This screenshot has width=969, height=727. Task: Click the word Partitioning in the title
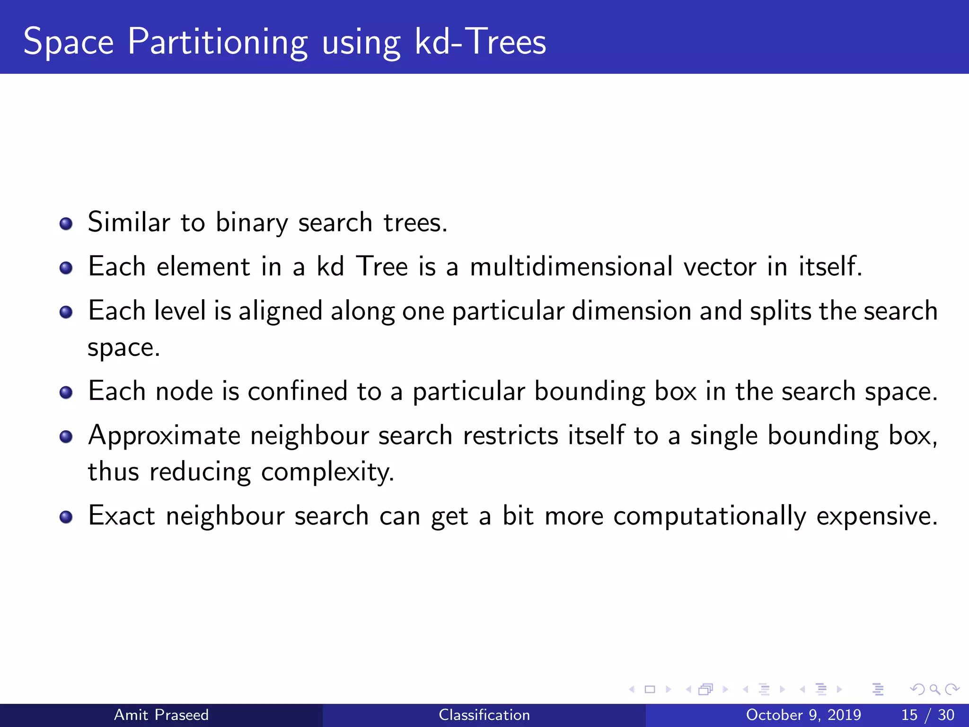pyautogui.click(x=218, y=43)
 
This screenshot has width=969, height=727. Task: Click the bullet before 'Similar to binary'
pyautogui.click(x=66, y=223)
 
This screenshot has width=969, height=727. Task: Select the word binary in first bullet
pyautogui.click(x=252, y=222)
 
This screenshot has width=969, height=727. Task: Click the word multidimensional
pyautogui.click(x=571, y=266)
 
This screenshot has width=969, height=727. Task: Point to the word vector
pyautogui.click(x=720, y=266)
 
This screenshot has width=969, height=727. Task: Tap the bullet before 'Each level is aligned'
pyautogui.click(x=66, y=312)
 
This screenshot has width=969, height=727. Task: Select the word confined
pyautogui.click(x=298, y=391)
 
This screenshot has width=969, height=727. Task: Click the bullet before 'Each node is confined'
pyautogui.click(x=66, y=392)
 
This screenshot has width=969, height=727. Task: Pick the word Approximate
pyautogui.click(x=164, y=436)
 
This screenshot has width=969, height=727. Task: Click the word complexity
pyautogui.click(x=327, y=472)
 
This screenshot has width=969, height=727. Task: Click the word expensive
pyautogui.click(x=877, y=516)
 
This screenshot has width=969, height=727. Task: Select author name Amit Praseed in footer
pyautogui.click(x=161, y=715)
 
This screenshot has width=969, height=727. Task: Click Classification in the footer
pyautogui.click(x=484, y=715)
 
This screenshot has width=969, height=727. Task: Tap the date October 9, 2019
pyautogui.click(x=803, y=715)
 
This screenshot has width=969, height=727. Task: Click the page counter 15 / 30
pyautogui.click(x=927, y=715)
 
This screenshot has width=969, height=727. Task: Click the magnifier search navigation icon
pyautogui.click(x=934, y=689)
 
